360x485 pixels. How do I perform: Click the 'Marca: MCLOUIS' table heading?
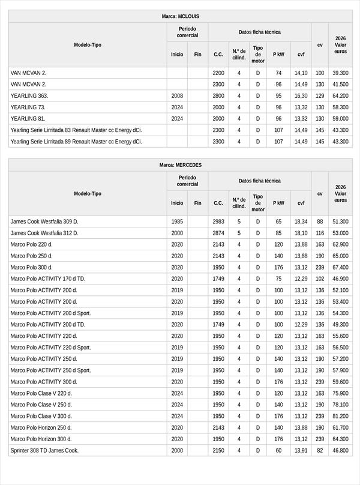[180, 16]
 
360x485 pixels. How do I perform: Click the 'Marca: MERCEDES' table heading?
[180, 164]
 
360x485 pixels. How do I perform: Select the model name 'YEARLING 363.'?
[29, 95]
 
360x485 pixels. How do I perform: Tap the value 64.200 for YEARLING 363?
[340, 95]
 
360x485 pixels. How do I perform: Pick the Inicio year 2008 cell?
[177, 95]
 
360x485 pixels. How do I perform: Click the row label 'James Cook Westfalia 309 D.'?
[44, 221]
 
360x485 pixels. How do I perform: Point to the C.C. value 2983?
[218, 221]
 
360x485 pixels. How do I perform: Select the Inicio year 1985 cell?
[177, 221]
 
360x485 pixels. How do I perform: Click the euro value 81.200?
[340, 416]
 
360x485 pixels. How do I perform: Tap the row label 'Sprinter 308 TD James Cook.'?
[45, 450]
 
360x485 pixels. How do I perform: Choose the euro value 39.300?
[340, 73]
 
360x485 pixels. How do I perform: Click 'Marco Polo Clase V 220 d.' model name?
[41, 393]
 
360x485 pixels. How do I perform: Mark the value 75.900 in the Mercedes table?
[340, 393]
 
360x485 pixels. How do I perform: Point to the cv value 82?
[320, 450]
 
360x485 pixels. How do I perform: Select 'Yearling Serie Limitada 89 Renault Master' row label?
[76, 142]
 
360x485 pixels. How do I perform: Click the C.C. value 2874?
[218, 233]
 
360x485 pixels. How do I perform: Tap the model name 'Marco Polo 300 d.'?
[31, 267]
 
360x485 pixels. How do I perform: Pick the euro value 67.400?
[340, 267]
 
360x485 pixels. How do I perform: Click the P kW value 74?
[278, 73]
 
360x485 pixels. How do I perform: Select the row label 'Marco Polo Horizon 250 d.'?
[41, 427]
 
